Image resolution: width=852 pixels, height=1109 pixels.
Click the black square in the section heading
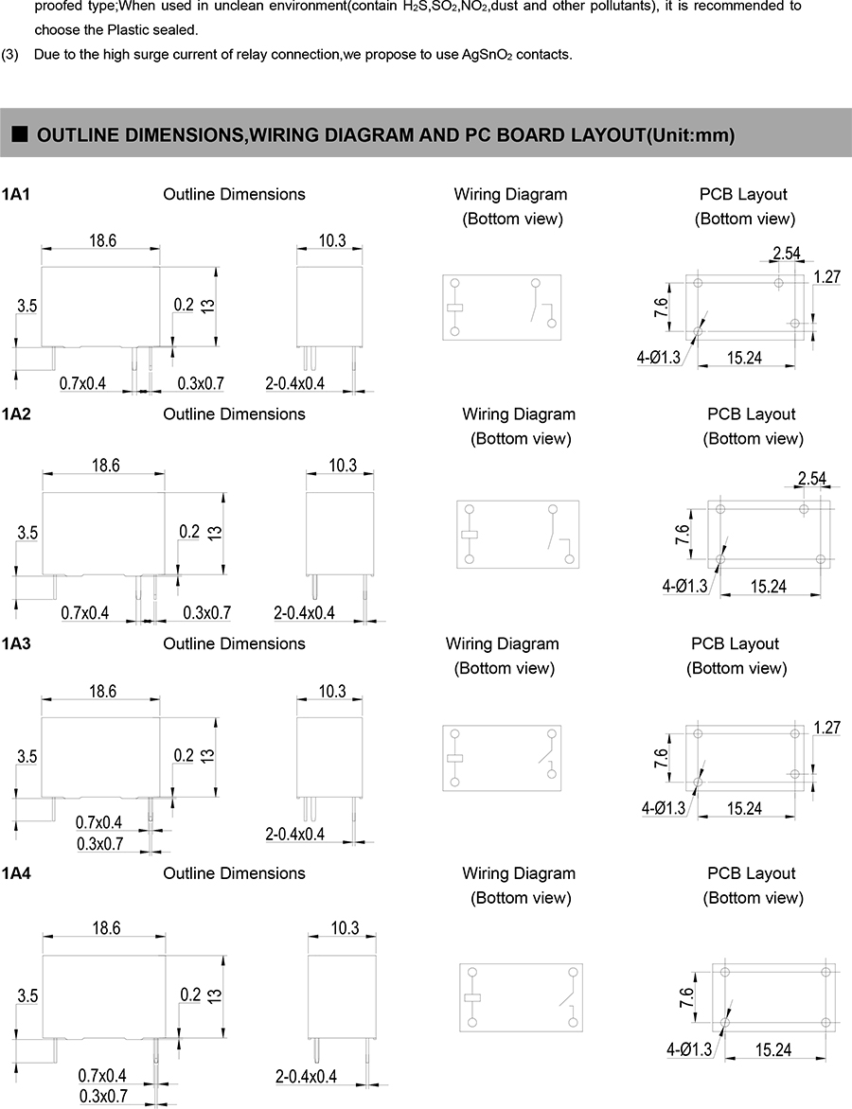pos(19,135)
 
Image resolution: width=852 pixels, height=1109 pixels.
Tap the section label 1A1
pos(17,194)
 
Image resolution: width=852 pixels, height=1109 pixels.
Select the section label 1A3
pos(17,643)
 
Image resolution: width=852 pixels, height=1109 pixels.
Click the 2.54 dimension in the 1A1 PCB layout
pos(787,253)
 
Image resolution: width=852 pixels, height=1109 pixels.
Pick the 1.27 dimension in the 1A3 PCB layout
pos(827,729)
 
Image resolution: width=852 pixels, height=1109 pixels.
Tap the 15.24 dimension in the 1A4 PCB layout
pos(773,1049)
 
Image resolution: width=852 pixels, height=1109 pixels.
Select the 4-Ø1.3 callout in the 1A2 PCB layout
pos(684,587)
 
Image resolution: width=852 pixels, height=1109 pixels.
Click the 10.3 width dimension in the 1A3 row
pos(331,692)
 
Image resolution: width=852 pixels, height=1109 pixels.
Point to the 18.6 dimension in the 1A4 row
pos(107,929)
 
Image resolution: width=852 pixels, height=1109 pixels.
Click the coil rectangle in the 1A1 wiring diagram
pos(455,307)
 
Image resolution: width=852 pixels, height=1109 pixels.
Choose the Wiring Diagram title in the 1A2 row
pos(519,414)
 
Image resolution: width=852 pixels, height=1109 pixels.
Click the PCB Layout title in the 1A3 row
pos(735,643)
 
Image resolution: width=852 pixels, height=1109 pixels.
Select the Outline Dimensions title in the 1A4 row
pos(234,873)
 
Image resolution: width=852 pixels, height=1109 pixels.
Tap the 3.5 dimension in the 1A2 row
pos(27,533)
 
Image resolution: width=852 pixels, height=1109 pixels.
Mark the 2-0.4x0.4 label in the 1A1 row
pos(295,383)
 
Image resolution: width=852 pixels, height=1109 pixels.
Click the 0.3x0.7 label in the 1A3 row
pos(101,844)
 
